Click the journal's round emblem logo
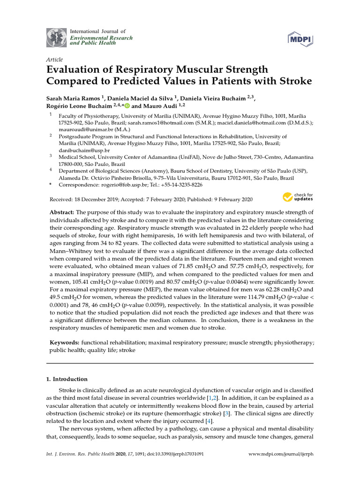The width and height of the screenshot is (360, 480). [56, 37]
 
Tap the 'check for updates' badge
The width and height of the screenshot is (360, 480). [298, 197]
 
